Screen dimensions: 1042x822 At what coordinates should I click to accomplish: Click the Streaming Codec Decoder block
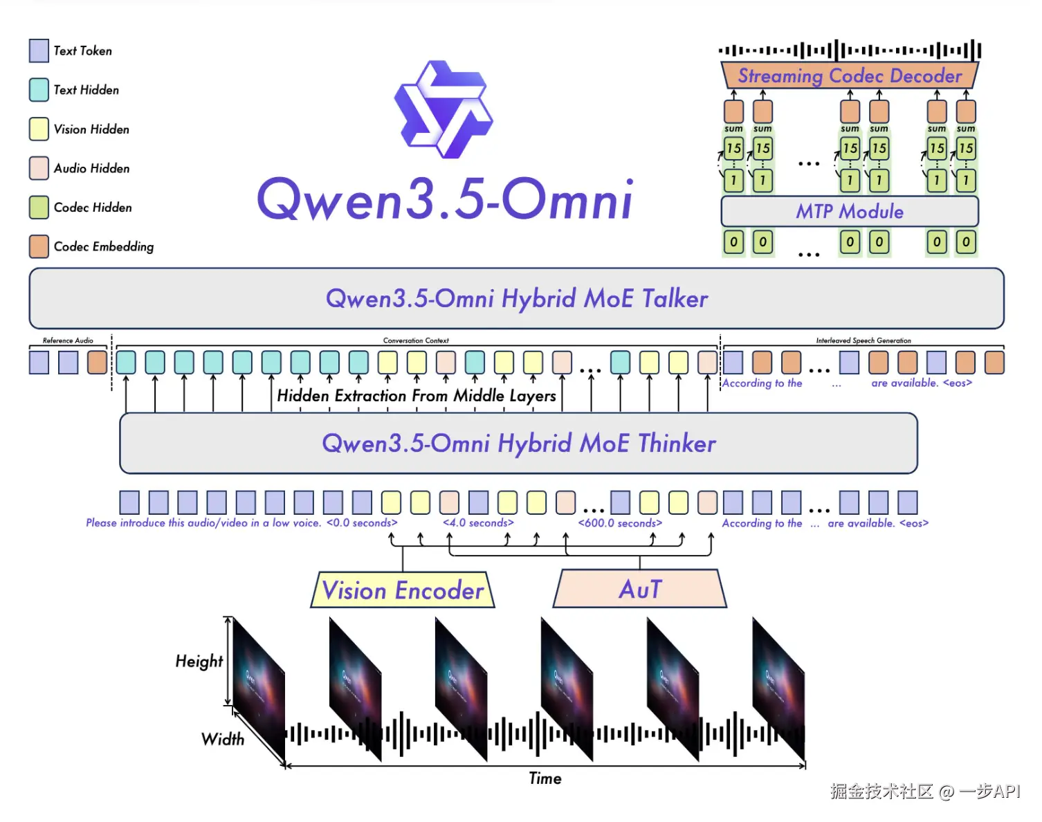pos(850,75)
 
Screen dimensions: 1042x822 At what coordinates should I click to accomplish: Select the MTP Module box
pos(850,211)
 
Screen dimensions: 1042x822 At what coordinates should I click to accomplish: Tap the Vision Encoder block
pos(403,590)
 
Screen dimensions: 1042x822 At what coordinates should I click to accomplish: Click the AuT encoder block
pos(640,590)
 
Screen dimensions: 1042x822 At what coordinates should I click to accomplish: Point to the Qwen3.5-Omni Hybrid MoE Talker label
pos(516,298)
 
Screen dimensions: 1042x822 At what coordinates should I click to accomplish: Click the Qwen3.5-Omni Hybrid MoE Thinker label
pos(518,443)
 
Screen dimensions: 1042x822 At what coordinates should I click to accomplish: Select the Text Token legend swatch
pos(39,51)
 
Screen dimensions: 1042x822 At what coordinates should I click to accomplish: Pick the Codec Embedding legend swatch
pos(39,246)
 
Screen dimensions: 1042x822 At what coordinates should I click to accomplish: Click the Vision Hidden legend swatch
pos(39,129)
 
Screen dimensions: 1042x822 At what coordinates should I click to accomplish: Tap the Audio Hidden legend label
pos(91,168)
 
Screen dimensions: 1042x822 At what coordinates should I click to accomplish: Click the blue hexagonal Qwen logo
pos(443,109)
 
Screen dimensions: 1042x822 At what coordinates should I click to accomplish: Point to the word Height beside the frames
pos(199,661)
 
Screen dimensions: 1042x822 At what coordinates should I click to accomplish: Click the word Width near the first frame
pos(223,739)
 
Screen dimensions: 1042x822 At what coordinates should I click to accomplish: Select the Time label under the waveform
pos(545,778)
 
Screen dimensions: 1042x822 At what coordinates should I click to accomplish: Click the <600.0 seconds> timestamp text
pos(620,523)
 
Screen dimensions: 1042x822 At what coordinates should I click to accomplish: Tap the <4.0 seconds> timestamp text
pos(478,523)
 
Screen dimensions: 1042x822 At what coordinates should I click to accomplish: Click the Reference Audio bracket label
pos(68,340)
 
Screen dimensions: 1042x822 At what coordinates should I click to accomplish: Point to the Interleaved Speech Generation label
pos(863,340)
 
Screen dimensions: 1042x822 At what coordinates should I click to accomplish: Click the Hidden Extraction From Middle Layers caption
pos(417,396)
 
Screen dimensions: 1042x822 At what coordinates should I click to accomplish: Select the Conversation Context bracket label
pos(416,340)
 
